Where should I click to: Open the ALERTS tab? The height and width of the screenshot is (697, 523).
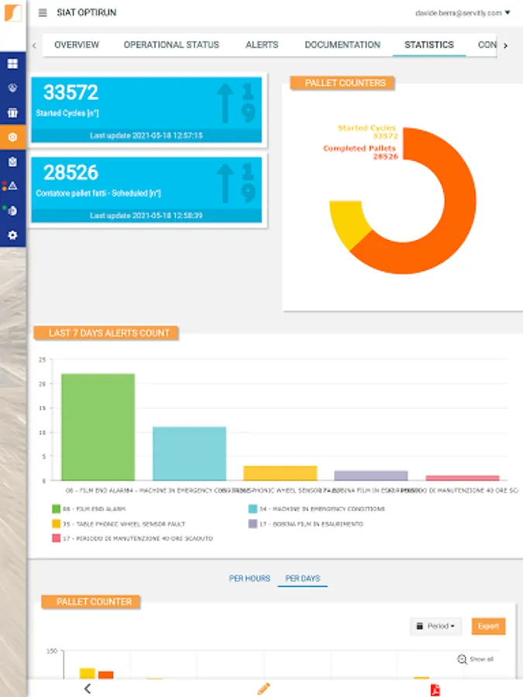tap(261, 45)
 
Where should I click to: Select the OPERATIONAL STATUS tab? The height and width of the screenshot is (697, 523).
tap(171, 45)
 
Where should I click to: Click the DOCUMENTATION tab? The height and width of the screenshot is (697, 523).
tap(342, 45)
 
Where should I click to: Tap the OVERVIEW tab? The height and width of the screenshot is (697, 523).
tap(77, 45)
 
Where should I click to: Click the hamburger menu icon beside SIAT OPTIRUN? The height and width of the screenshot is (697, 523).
tap(43, 12)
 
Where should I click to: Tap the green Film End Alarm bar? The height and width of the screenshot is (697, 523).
tap(98, 427)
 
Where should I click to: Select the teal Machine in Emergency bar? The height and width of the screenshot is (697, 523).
tap(189, 453)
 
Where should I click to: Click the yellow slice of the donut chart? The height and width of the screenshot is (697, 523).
tap(343, 223)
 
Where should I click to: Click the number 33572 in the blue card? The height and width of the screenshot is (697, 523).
tap(71, 93)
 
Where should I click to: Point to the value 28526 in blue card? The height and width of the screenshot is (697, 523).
tap(71, 172)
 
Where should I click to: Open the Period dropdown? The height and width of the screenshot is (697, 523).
tap(435, 626)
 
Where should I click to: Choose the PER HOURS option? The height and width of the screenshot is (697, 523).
tap(249, 579)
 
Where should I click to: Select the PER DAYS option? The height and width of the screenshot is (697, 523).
tap(302, 579)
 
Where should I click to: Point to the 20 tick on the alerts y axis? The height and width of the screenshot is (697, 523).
tap(43, 384)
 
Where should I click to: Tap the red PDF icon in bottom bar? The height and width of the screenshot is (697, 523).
tap(435, 689)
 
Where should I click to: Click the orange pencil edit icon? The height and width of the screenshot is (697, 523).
tap(263, 688)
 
